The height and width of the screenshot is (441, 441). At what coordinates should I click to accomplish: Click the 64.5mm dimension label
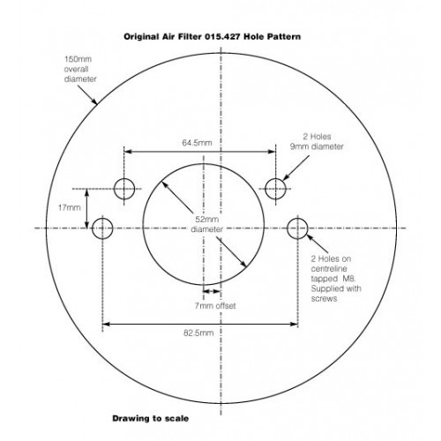197,143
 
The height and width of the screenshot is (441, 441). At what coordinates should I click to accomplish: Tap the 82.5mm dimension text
198,333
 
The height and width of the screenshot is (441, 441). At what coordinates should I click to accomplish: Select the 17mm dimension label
70,207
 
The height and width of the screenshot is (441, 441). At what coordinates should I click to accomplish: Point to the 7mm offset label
215,306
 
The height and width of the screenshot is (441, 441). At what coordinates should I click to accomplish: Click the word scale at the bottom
177,418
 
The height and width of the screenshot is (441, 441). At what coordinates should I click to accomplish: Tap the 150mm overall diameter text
80,69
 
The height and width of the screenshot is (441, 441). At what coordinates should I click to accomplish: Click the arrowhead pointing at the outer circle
94,101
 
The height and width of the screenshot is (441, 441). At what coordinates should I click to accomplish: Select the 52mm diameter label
207,224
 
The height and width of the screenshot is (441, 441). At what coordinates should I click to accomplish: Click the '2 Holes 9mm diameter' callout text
317,141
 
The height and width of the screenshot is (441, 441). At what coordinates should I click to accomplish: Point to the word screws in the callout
324,299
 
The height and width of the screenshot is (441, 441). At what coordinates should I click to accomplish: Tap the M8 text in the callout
349,278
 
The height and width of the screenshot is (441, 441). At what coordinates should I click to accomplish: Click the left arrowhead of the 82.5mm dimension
107,324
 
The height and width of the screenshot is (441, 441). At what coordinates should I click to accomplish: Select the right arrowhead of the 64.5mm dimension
272,152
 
